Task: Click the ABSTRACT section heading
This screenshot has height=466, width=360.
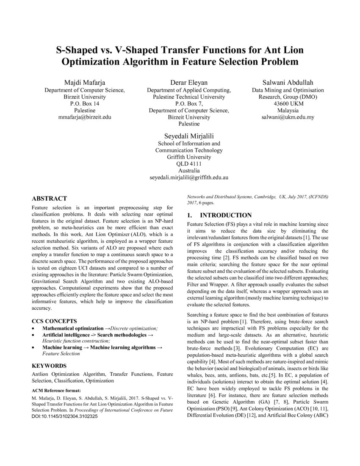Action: (50, 198)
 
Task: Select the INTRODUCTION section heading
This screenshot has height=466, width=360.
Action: (225, 215)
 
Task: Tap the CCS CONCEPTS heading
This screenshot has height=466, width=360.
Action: (55, 321)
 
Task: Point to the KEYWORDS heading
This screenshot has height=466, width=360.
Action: (49, 365)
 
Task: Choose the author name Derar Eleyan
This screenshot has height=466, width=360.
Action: (188, 82)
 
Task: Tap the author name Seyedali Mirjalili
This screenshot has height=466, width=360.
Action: (188, 136)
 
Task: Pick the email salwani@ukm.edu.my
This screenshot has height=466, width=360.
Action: (288, 117)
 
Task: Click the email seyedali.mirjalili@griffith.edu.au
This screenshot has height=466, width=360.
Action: (188, 178)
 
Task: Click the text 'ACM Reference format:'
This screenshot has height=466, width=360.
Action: (56, 390)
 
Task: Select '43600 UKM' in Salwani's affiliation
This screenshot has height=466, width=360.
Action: (288, 103)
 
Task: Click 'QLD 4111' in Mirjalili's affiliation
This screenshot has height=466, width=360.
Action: (188, 164)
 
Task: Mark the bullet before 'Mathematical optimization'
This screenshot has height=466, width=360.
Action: (34, 329)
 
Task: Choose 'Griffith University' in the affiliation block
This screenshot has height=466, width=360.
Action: (188, 157)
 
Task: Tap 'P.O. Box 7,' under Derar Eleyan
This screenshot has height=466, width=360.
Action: (188, 103)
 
